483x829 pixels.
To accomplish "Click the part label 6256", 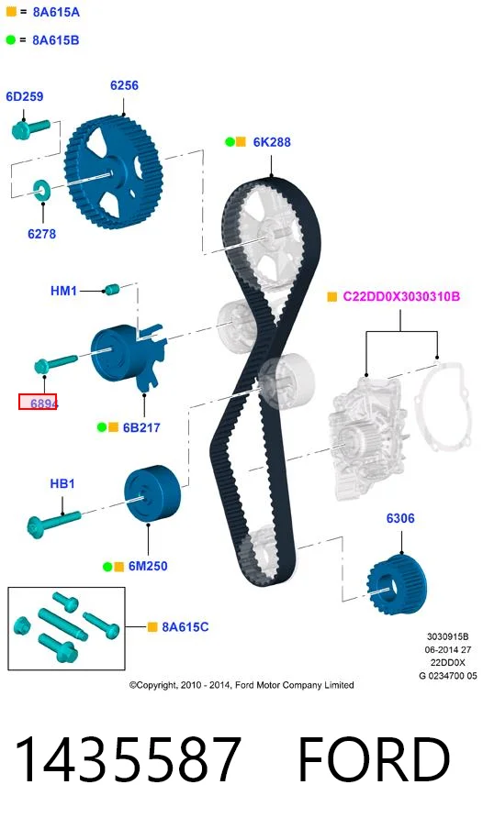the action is tap(124, 85).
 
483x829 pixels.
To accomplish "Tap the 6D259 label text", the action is tap(25, 96).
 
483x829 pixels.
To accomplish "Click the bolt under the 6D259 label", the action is tap(31, 129).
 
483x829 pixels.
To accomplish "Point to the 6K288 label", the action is tap(272, 142).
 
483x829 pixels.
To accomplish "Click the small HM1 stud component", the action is tap(112, 289).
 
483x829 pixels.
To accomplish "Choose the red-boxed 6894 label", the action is tap(39, 403).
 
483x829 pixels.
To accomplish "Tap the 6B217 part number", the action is tap(141, 427).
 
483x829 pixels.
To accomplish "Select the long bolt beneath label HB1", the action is tap(53, 521).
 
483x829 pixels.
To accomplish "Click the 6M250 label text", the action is tap(148, 566).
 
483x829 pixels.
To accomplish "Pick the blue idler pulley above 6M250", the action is tap(152, 493).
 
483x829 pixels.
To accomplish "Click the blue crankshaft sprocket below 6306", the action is tap(397, 584).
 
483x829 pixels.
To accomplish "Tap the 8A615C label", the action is tap(185, 627).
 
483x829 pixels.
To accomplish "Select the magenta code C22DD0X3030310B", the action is tap(401, 296).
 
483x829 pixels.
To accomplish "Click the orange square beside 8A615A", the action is tap(11, 11).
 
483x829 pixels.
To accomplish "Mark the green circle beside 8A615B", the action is tap(11, 39).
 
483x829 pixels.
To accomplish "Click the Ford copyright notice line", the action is tap(241, 685).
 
